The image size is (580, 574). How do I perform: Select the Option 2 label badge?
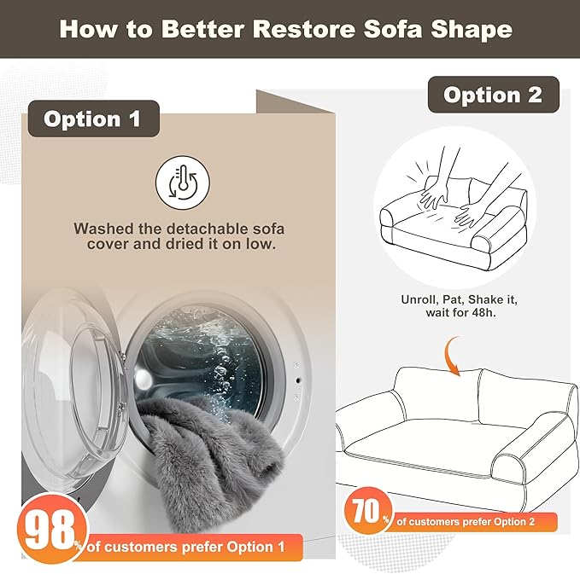tap(493, 95)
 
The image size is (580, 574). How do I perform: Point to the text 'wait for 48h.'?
tap(460, 314)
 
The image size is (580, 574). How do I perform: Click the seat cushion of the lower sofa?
tap(427, 448)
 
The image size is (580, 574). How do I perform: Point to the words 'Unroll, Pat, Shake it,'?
tap(460, 299)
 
